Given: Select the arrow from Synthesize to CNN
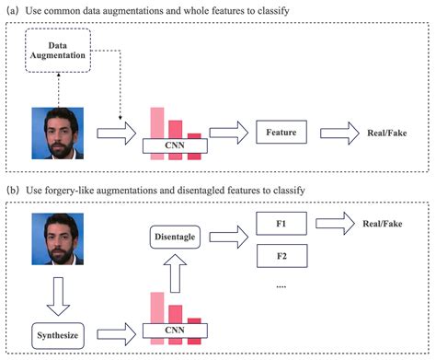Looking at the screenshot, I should click(120, 330).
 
